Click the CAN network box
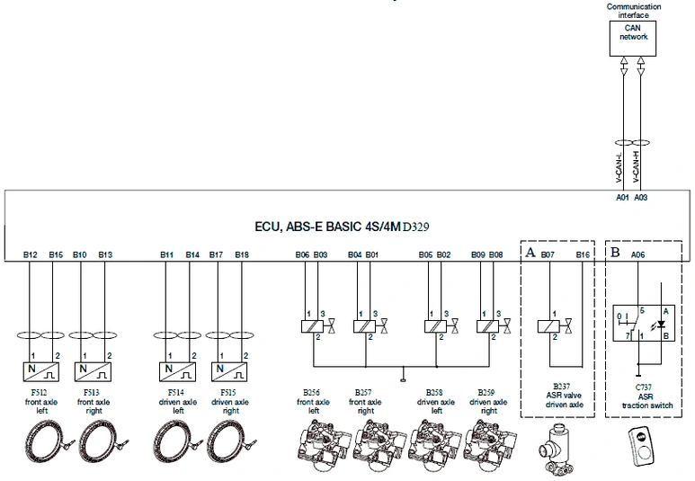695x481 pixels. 633,33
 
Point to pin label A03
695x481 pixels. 640,197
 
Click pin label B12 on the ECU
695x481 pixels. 31,254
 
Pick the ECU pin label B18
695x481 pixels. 243,254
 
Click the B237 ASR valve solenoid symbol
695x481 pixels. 548,326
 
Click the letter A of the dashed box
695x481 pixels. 530,254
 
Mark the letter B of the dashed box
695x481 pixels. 615,254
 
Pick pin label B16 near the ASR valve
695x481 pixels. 584,254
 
